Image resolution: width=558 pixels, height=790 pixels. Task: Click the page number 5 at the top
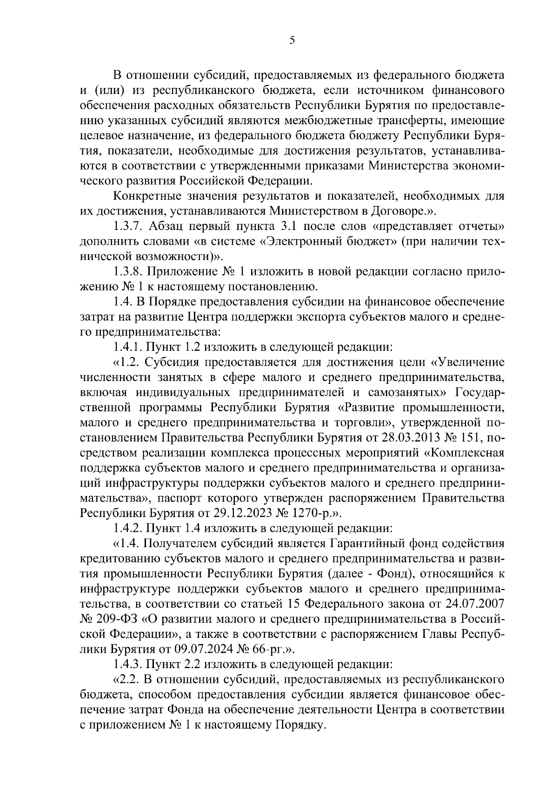[x=292, y=40]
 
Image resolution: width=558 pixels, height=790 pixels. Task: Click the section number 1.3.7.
[x=129, y=226]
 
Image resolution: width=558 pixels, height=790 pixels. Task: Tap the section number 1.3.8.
[x=129, y=271]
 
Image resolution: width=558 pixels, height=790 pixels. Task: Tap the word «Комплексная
[x=465, y=452]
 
